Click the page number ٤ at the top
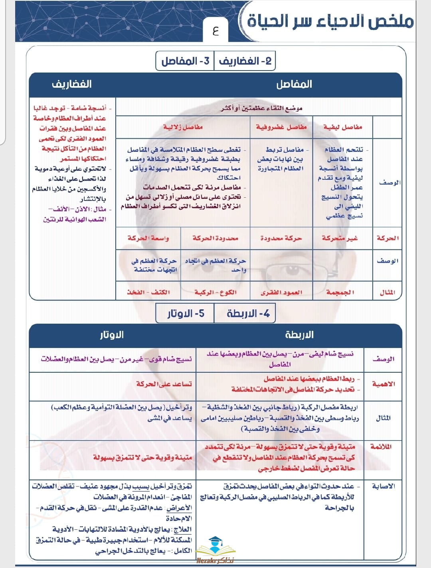click(216, 31)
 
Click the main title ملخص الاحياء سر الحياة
click(330, 21)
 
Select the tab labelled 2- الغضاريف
click(245, 61)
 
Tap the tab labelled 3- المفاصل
click(185, 61)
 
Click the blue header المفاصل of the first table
click(294, 84)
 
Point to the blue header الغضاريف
click(72, 84)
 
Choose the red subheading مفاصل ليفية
click(343, 127)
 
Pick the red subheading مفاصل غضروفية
click(281, 127)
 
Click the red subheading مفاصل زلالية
click(183, 127)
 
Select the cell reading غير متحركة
click(340, 238)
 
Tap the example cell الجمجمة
click(340, 292)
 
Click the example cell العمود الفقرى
click(281, 292)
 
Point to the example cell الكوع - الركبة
click(215, 292)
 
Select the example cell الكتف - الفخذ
click(148, 292)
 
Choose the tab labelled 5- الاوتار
click(185, 314)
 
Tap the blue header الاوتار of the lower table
click(112, 335)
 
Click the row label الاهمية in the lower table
click(383, 384)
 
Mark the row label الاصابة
click(383, 486)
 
